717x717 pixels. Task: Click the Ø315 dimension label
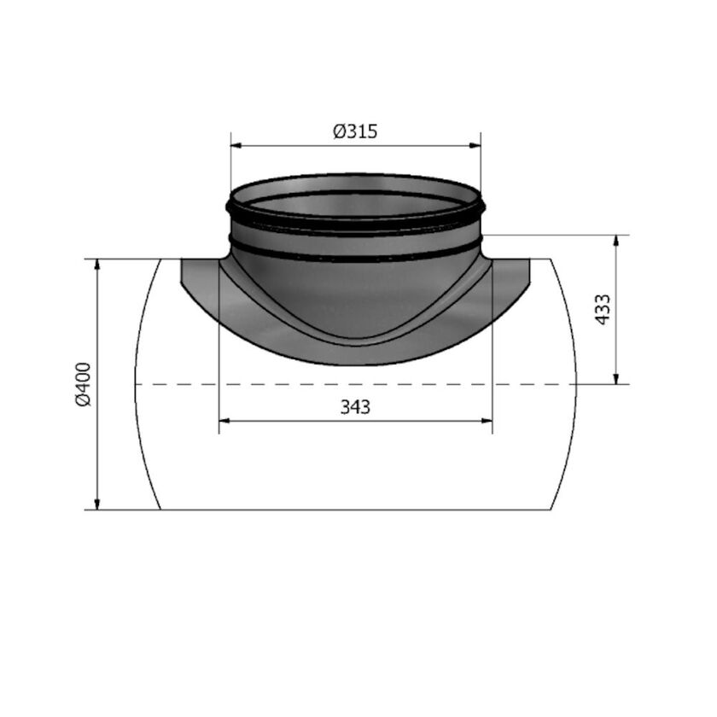355,131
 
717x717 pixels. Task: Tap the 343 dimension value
355,407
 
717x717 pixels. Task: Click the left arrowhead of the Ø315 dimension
236,146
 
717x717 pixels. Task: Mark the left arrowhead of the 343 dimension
225,421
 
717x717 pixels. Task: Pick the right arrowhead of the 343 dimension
487,421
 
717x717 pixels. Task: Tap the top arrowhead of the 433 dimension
617,241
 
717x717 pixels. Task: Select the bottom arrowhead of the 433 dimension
617,378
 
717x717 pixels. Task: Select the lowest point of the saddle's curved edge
355,364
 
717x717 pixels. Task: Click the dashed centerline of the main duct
171,385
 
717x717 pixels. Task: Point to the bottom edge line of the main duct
355,510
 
